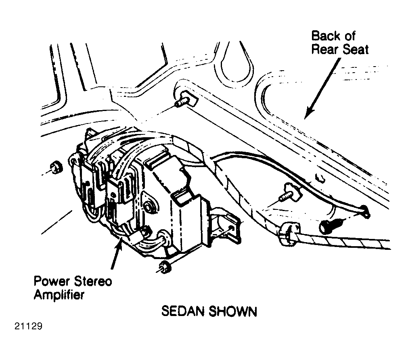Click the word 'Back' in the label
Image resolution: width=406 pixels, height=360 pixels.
tap(325, 36)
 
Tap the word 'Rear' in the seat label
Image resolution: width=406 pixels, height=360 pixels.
tap(325, 49)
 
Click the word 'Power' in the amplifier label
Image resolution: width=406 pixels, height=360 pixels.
tap(52, 281)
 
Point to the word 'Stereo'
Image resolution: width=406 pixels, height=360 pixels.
tap(93, 281)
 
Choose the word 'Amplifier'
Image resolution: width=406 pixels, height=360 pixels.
tap(59, 295)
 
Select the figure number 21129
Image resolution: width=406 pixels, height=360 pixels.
tap(28, 326)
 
